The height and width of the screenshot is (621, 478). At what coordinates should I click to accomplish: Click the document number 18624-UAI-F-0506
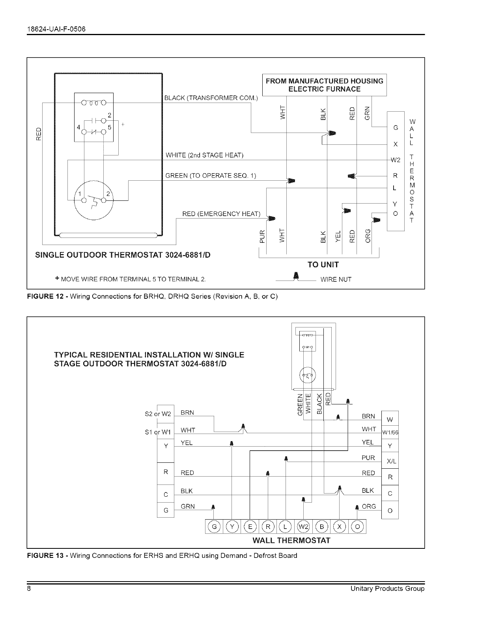(56, 29)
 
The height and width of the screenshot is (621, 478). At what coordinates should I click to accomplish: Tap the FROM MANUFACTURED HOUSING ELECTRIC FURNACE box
(324, 85)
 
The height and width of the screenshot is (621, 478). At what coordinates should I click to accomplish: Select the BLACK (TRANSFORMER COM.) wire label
(211, 98)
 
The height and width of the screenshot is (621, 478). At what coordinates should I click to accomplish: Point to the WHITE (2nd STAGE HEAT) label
(204, 155)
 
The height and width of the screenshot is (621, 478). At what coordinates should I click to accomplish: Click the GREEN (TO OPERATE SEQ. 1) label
(211, 176)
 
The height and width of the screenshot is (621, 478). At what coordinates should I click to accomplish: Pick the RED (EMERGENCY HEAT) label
(221, 214)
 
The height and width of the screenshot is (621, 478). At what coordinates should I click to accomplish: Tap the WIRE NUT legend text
(336, 280)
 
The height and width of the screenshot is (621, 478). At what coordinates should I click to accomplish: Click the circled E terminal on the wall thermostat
(250, 526)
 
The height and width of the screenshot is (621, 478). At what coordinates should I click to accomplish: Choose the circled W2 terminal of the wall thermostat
(302, 526)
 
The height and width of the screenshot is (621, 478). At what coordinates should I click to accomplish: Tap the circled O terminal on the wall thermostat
(358, 526)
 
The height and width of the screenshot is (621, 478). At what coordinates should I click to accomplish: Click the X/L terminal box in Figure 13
(391, 461)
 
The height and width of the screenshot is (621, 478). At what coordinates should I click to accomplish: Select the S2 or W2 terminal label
(157, 413)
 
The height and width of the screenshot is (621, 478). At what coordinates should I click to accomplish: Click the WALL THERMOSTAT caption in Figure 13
(291, 540)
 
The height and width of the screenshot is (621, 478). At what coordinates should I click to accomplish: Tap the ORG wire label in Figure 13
(369, 506)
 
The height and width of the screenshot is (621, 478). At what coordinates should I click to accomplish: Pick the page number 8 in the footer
(29, 589)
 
